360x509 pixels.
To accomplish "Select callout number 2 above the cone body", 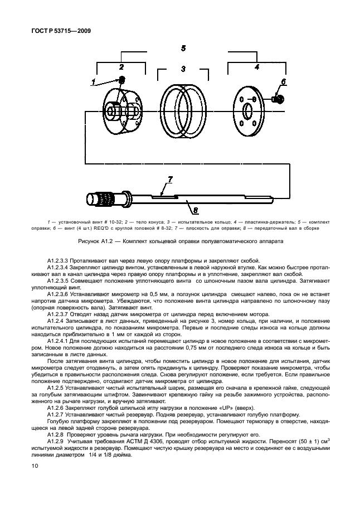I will pyautogui.click(x=121, y=67).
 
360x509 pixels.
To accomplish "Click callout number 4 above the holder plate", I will pyautogui.click(x=256, y=67).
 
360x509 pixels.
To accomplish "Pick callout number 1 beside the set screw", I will pyautogui.click(x=94, y=81).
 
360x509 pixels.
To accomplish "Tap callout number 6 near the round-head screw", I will pyautogui.click(x=283, y=82).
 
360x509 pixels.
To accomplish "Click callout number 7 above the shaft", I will pyautogui.click(x=169, y=180).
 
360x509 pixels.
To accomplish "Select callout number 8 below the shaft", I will pyautogui.click(x=194, y=210).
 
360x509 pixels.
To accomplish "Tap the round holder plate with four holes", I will pyautogui.click(x=245, y=106).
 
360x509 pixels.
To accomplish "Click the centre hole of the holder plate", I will pyautogui.click(x=245, y=106).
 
